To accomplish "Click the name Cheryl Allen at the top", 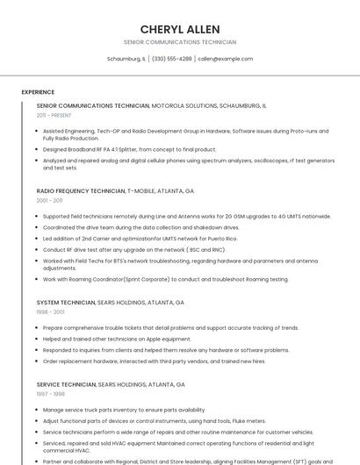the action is tap(180, 29).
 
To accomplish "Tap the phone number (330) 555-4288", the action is tap(172, 59).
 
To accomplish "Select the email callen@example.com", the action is tap(226, 59).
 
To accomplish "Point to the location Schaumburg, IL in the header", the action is tap(126, 59).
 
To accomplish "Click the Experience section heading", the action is tap(38, 91).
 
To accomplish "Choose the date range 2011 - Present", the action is tap(54, 115).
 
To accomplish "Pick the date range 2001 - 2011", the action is tap(49, 200).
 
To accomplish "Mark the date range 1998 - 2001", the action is tap(50, 311).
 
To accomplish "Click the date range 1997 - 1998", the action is tap(49, 394).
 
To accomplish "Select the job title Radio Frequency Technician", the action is tap(81, 190).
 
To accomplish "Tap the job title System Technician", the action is tap(66, 302).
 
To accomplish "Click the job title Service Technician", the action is tap(66, 384).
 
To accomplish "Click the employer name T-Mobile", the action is tap(145, 190).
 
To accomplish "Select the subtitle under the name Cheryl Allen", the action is tap(180, 42).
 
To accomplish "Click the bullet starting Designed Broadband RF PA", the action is tap(129, 149).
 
